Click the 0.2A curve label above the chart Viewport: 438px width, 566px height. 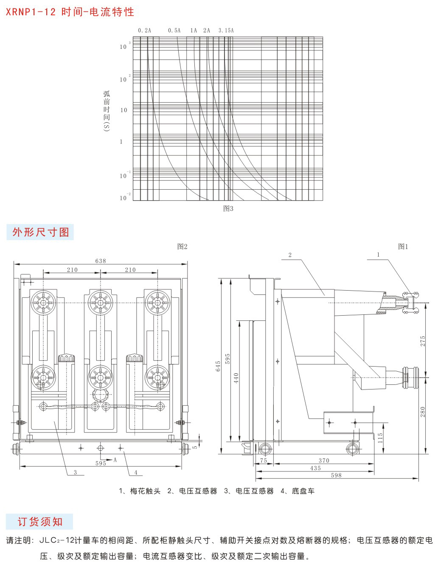(x=144, y=31)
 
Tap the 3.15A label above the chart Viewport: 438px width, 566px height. (x=226, y=31)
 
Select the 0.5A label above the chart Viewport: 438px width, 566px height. (x=174, y=31)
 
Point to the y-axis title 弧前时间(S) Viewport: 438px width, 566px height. (x=107, y=111)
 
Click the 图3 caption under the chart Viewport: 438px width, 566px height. (x=228, y=208)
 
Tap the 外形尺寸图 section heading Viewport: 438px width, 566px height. (x=40, y=232)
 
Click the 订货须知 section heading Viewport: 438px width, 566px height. (x=40, y=521)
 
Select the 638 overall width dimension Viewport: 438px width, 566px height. (x=101, y=261)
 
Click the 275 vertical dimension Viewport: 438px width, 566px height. (x=423, y=341)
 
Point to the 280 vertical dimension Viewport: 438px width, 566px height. (x=423, y=412)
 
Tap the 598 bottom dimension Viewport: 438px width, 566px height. (x=336, y=475)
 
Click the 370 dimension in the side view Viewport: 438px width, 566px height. (x=324, y=460)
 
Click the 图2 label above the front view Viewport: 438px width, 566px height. (x=182, y=247)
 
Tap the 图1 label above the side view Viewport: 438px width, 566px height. (x=403, y=247)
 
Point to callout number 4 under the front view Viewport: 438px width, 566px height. (x=135, y=472)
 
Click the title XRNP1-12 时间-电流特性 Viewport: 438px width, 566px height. (x=70, y=12)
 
